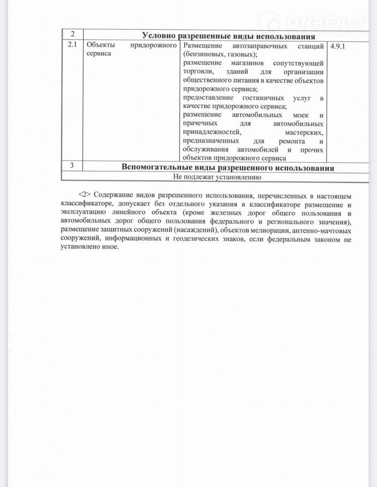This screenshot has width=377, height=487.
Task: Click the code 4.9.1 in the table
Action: (x=339, y=47)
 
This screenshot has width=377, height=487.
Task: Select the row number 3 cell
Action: (x=72, y=166)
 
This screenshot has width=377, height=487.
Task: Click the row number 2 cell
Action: (x=72, y=34)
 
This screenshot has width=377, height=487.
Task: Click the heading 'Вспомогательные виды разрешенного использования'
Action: (x=228, y=168)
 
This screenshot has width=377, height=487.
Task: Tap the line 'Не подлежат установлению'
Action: (x=217, y=177)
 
